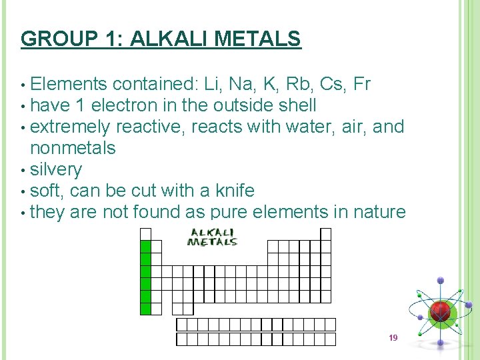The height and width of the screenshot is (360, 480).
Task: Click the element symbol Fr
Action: coord(362,84)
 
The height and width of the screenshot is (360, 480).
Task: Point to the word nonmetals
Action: coord(73,148)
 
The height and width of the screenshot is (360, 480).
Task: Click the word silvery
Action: coord(56,169)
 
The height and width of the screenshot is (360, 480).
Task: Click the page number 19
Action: coord(393,338)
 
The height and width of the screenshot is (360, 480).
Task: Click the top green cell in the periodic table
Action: coord(146,247)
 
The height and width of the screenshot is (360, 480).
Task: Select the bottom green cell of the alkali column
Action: coord(146,308)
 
